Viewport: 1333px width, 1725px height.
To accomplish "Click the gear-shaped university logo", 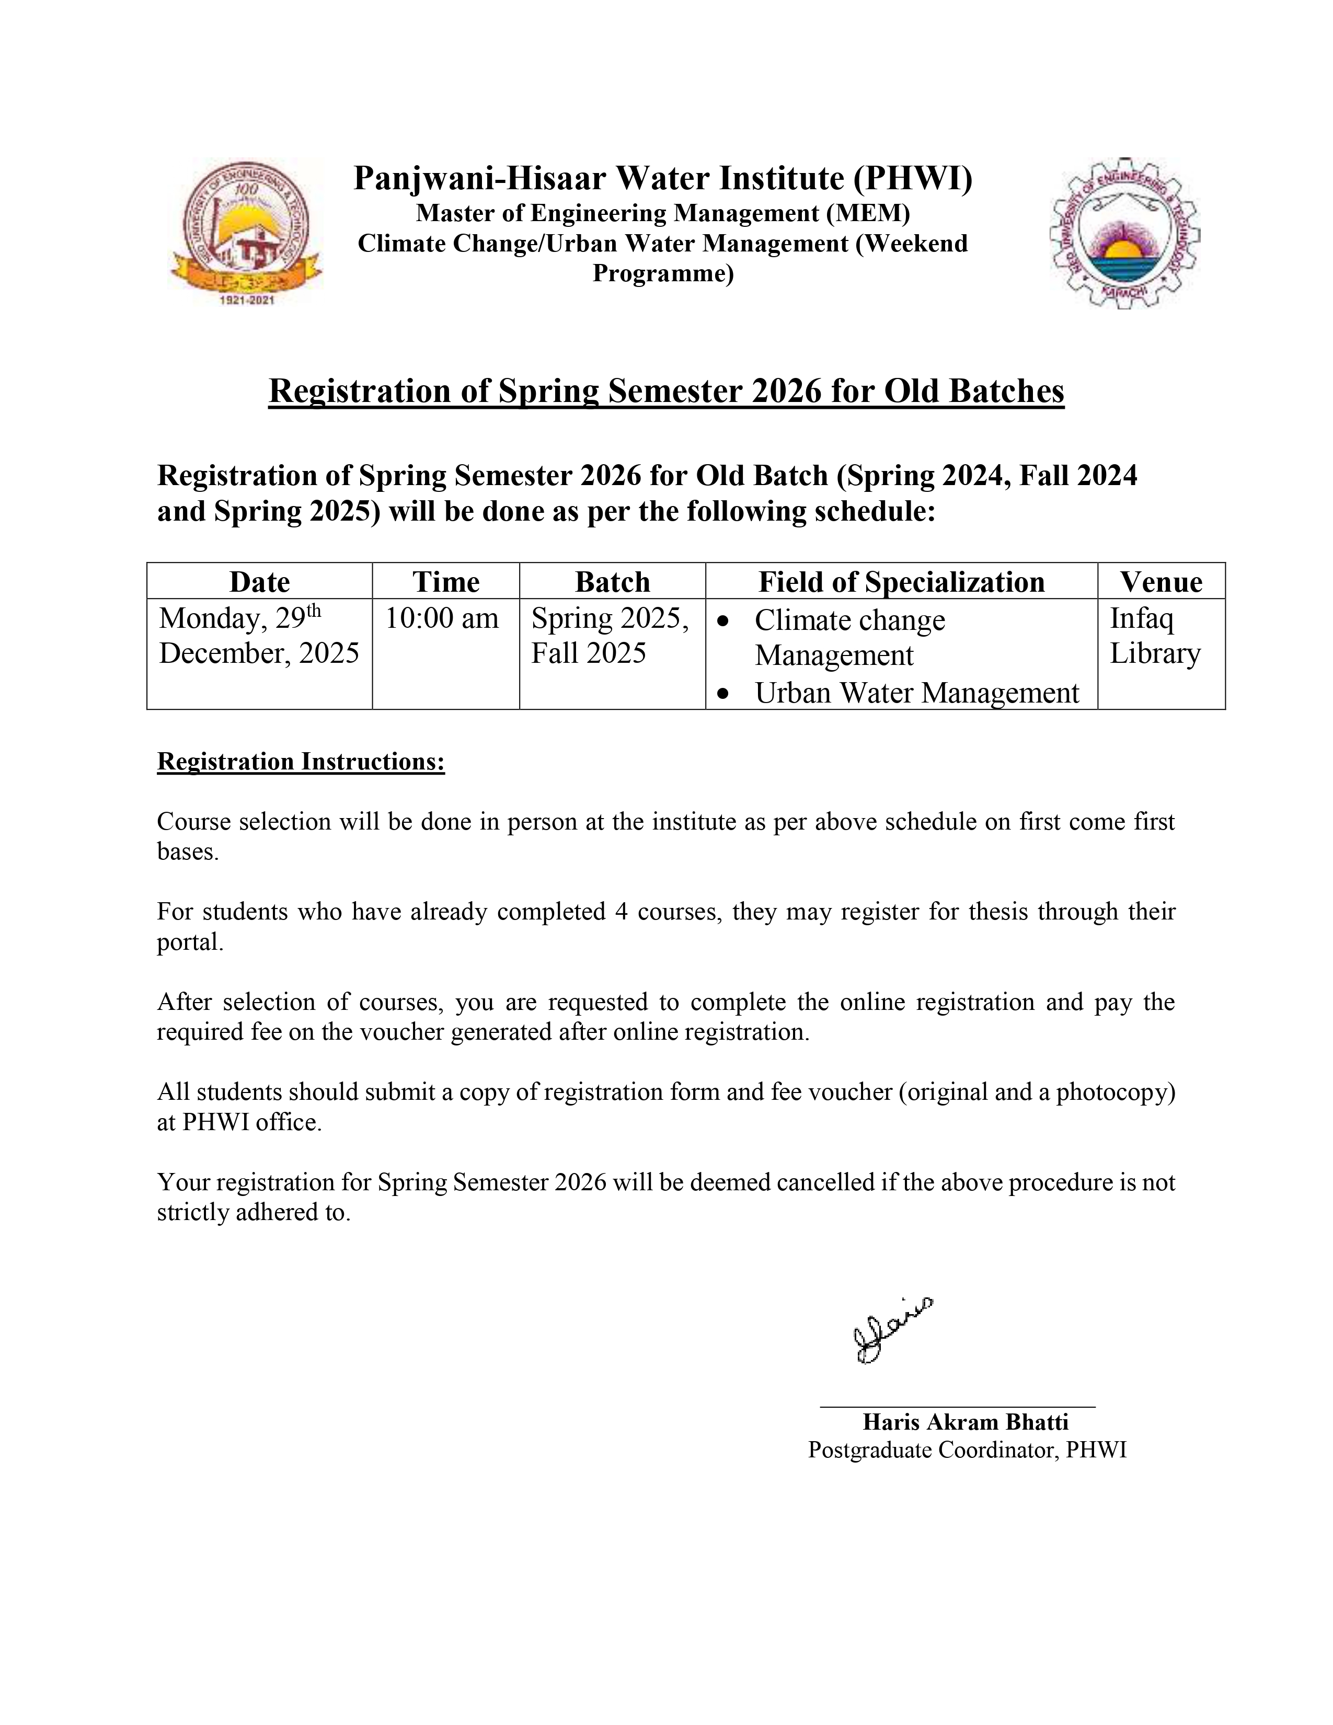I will pyautogui.click(x=1124, y=234).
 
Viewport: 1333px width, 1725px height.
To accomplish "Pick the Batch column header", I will pyautogui.click(x=612, y=582).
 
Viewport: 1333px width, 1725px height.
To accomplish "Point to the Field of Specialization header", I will pyautogui.click(x=901, y=582).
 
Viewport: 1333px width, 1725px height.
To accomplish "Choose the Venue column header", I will pyautogui.click(x=1161, y=582).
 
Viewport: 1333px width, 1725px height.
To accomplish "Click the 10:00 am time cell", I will pyautogui.click(x=442, y=618).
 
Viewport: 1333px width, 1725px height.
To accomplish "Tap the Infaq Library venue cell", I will pyautogui.click(x=1155, y=636).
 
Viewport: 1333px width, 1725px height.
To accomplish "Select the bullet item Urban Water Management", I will pyautogui.click(x=916, y=693).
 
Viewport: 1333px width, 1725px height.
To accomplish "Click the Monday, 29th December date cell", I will pyautogui.click(x=259, y=636).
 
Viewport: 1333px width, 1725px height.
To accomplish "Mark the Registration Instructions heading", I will pyautogui.click(x=301, y=762).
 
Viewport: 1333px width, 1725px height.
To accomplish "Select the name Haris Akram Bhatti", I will pyautogui.click(x=965, y=1422).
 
